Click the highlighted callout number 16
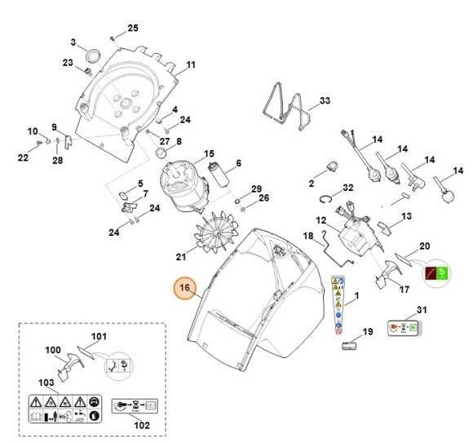coord(184,287)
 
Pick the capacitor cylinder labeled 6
coord(218,173)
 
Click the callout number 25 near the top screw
coord(133,29)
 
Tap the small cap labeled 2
coord(332,166)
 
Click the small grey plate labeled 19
coord(347,344)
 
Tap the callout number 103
coord(46,382)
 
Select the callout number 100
coord(53,351)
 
